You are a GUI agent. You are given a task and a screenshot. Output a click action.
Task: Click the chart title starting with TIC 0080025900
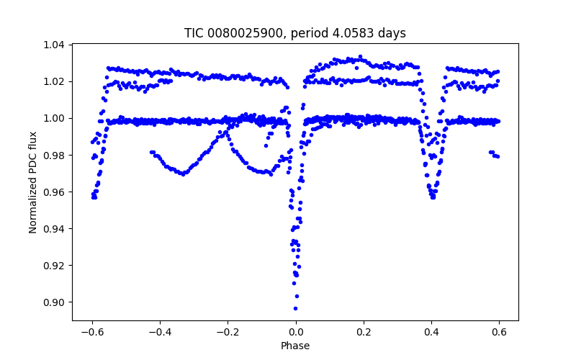click(295, 33)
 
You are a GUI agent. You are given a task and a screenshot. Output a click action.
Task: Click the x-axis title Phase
click(295, 346)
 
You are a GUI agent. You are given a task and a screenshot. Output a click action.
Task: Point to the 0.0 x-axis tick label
click(295, 332)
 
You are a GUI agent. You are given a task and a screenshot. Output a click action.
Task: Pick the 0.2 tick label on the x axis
click(364, 332)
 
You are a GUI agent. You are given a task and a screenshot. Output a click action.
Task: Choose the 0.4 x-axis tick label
click(431, 332)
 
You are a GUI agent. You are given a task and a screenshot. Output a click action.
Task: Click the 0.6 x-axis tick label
click(499, 332)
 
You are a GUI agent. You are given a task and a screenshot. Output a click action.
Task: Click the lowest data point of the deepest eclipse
click(295, 308)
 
